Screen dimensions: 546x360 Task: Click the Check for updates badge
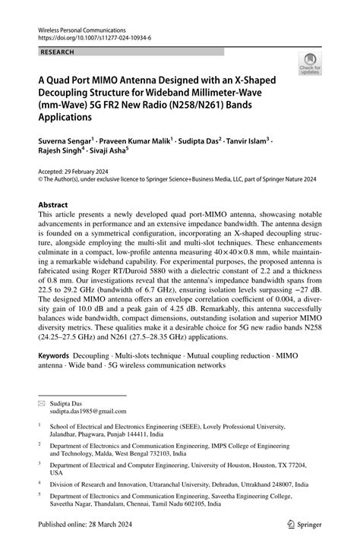309,65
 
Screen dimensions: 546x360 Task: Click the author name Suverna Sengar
63,141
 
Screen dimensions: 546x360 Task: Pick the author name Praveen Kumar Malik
136,141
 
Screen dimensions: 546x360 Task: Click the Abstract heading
52,205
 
